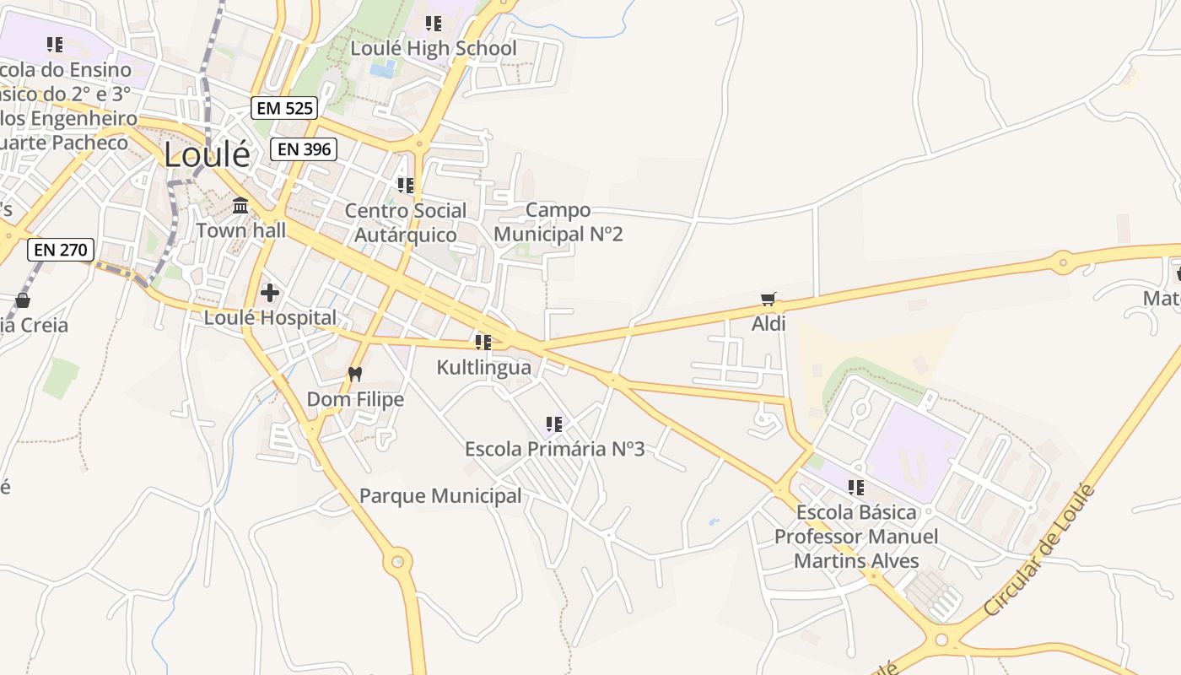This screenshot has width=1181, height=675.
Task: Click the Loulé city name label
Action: pyautogui.click(x=207, y=155)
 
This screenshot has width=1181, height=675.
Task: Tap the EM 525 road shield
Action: pyautogui.click(x=284, y=107)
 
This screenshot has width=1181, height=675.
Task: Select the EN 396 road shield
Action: pyautogui.click(x=304, y=149)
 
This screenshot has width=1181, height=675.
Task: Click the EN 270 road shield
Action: pyautogui.click(x=60, y=249)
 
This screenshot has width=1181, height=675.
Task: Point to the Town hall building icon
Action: pyautogui.click(x=240, y=205)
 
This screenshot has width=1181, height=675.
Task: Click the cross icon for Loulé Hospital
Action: pyautogui.click(x=270, y=293)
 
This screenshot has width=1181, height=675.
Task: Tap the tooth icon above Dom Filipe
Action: pyautogui.click(x=355, y=374)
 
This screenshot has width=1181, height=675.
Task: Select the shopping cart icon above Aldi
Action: pyautogui.click(x=768, y=299)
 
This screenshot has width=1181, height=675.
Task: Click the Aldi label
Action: pyautogui.click(x=768, y=324)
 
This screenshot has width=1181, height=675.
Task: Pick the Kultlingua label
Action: pyautogui.click(x=483, y=367)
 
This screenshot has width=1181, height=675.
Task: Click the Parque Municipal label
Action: pyautogui.click(x=440, y=496)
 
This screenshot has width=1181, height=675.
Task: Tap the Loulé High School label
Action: pyautogui.click(x=434, y=48)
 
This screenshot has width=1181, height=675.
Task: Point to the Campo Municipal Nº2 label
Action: pyautogui.click(x=558, y=222)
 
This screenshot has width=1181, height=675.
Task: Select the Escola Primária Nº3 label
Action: pyautogui.click(x=554, y=449)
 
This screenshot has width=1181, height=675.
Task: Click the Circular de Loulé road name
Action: pyautogui.click(x=1039, y=550)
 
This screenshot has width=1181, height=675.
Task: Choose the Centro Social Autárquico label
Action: pyautogui.click(x=406, y=223)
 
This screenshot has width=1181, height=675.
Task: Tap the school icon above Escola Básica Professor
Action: pyautogui.click(x=856, y=487)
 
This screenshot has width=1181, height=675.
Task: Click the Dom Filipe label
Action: pyautogui.click(x=355, y=399)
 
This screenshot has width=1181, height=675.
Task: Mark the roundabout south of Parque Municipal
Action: pyautogui.click(x=397, y=560)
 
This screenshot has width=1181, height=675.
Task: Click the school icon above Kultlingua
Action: pyautogui.click(x=483, y=342)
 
